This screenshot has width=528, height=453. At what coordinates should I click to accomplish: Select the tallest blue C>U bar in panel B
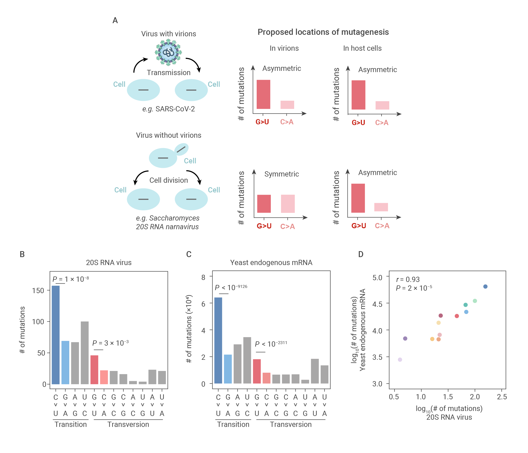[56, 335]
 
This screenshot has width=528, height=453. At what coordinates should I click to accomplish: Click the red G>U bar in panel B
[94, 369]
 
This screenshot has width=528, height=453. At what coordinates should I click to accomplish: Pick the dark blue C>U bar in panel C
[218, 340]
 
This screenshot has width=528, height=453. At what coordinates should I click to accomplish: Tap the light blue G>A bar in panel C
[228, 369]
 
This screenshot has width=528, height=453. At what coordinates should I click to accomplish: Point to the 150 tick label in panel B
[38, 291]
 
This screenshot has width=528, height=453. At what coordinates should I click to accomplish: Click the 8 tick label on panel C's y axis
[203, 277]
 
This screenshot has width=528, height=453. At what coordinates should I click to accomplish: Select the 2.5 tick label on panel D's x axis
[501, 397]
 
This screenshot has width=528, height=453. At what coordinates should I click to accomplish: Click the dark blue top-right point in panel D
[485, 286]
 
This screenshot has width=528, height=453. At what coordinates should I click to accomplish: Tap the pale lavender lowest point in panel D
[400, 359]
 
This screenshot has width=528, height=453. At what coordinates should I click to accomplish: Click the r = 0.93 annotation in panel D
[408, 279]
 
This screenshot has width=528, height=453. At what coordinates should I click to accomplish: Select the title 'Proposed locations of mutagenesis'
[323, 32]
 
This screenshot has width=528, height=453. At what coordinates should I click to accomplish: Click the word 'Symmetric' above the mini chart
[281, 174]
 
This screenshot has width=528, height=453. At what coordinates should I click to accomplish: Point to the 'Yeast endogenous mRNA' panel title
[271, 263]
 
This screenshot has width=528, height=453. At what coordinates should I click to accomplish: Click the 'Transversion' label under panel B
[128, 424]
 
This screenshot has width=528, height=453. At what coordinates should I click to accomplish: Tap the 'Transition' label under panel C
[233, 424]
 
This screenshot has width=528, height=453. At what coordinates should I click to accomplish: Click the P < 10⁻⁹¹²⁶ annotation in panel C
[231, 287]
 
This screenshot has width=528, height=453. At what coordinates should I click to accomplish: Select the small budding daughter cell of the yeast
[181, 149]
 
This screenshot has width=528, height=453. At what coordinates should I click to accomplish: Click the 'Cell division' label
[169, 180]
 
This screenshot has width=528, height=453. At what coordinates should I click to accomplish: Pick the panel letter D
[361, 254]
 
